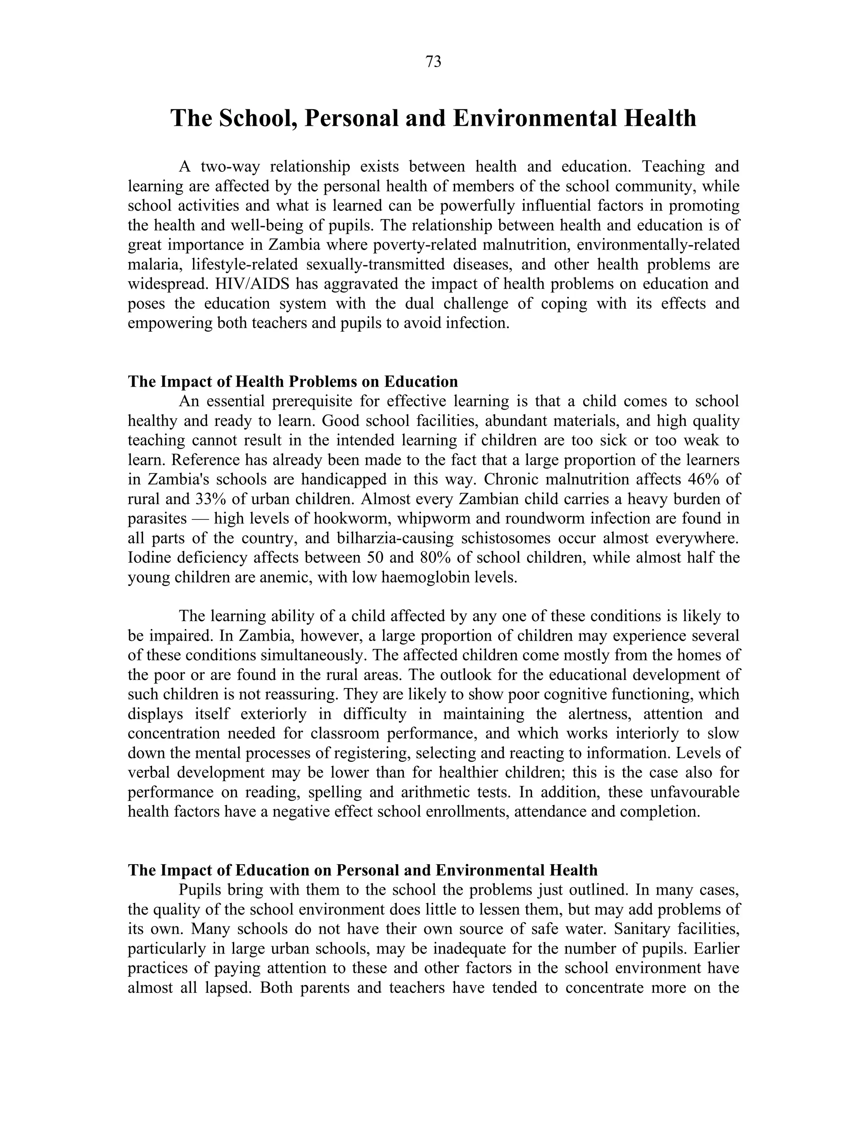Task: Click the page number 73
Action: pos(433,62)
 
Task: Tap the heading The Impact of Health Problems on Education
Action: pos(293,382)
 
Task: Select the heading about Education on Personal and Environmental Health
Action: pos(363,870)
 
